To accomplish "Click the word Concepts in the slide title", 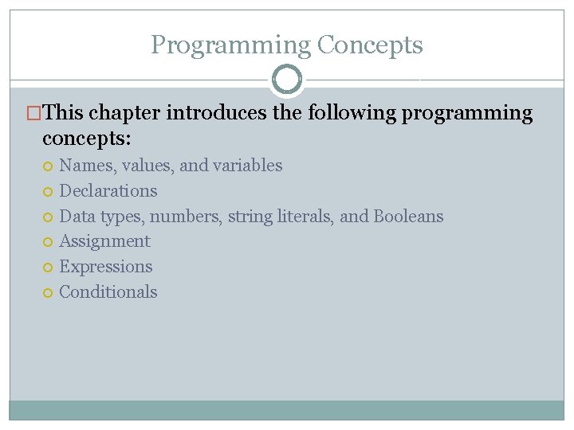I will click(370, 45).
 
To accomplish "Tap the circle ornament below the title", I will click(287, 80).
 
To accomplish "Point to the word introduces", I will click(216, 113).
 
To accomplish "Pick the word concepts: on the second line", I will click(87, 139).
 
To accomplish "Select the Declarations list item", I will click(108, 191).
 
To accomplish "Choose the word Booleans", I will click(408, 217).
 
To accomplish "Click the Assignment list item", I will click(104, 241).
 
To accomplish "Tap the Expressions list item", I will click(106, 267).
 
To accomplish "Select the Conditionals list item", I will click(108, 292).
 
